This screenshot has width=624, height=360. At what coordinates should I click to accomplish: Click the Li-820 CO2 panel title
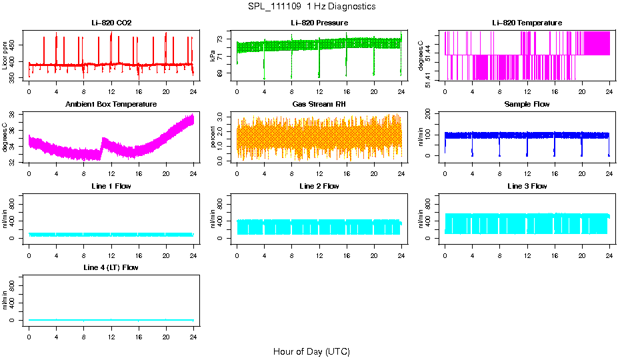point(111,23)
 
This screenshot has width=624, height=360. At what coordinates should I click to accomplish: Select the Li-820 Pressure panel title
point(319,23)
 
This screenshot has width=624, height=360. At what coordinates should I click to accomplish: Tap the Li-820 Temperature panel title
point(527,23)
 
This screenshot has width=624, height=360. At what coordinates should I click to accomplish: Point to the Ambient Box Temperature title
point(111,105)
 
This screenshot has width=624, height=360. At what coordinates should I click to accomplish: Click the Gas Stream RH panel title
point(319,105)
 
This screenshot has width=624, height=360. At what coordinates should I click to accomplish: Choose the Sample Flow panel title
point(527,105)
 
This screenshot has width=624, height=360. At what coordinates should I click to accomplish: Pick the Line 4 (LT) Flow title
point(111,267)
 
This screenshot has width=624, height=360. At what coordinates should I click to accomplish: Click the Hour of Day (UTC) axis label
point(311,351)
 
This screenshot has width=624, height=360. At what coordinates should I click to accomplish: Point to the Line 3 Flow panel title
point(527,186)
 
